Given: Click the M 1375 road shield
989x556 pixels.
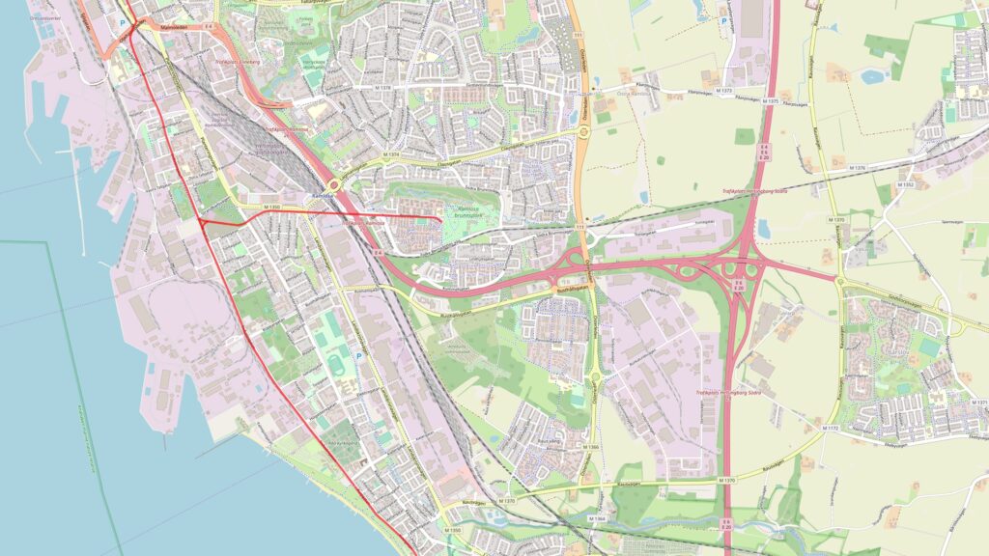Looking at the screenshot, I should pos(770,101).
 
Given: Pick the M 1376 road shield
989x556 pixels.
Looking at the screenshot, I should pos(858,168).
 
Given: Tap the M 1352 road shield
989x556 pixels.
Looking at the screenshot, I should pos(906,184).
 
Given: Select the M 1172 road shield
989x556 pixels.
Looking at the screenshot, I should pos(832,427).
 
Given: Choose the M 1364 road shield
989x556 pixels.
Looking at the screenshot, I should pos(599,518).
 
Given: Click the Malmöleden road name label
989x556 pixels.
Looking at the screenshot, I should pos(174,28).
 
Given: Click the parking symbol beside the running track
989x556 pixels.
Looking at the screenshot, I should pos(359,356).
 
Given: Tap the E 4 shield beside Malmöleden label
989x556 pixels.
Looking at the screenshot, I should pos(209,28).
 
